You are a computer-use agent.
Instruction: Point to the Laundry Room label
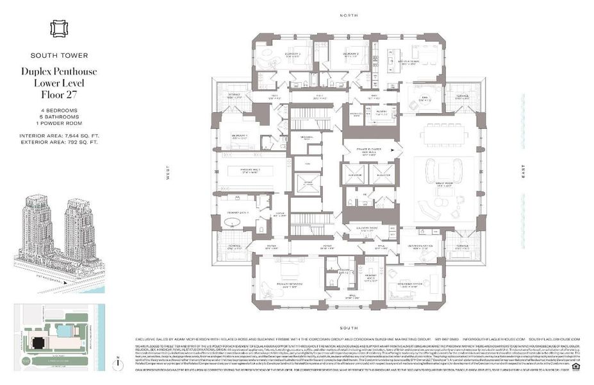(x=368, y=228)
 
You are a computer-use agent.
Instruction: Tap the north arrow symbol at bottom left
(x=119, y=363)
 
